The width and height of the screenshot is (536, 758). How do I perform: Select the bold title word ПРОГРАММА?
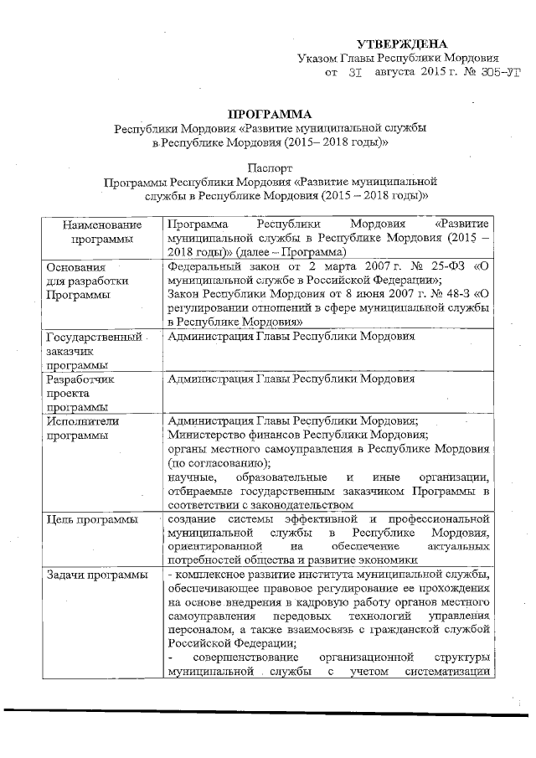pos(270,113)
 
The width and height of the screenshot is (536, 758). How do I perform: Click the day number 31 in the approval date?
pos(354,74)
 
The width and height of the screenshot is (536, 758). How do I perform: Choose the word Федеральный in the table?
pos(204,267)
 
